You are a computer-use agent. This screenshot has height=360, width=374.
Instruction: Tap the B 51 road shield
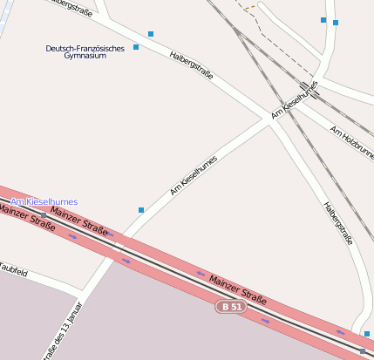[231, 307]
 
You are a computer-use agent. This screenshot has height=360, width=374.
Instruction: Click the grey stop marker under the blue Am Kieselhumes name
[44, 214]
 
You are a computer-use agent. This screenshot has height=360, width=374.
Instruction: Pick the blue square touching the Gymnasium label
[136, 47]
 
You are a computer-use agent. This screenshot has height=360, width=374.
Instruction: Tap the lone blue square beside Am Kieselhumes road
[141, 210]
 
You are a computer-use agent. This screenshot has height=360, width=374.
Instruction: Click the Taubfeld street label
[12, 271]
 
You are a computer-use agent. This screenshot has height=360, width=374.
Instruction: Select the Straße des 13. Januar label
[66, 332]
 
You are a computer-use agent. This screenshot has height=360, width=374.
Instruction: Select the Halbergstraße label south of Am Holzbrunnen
[337, 222]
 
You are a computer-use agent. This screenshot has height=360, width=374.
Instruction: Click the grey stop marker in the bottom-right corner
[363, 350]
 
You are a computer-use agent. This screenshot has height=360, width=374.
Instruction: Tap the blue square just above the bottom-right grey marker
[367, 334]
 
